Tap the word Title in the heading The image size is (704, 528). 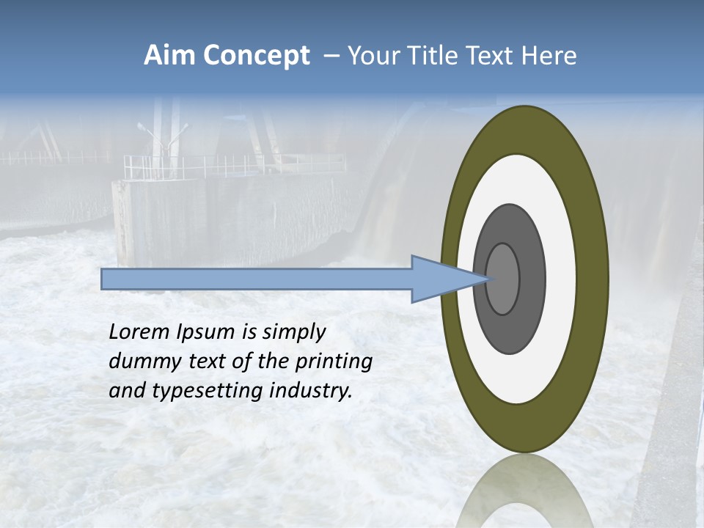[x=425, y=56]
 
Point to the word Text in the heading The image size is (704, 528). [x=488, y=56]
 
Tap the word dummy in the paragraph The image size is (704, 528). [x=142, y=362]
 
